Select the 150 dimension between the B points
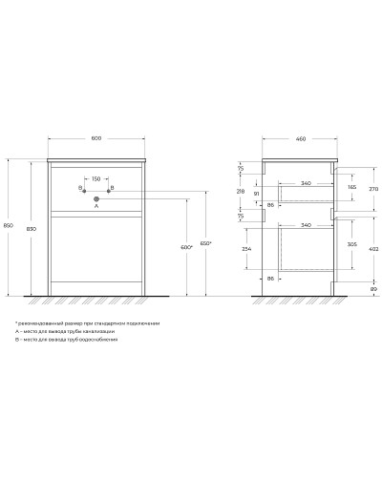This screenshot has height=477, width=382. point(95,177)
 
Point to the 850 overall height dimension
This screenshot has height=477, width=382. point(9,225)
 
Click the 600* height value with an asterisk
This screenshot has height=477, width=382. point(186,247)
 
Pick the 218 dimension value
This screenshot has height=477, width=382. point(241,192)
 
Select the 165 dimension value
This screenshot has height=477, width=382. point(352,188)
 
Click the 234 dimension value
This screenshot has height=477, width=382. point(247,249)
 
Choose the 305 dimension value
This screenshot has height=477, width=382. point(352,243)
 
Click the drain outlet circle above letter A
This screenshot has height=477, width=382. point(95,198)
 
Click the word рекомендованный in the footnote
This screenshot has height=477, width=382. point(40,322)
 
